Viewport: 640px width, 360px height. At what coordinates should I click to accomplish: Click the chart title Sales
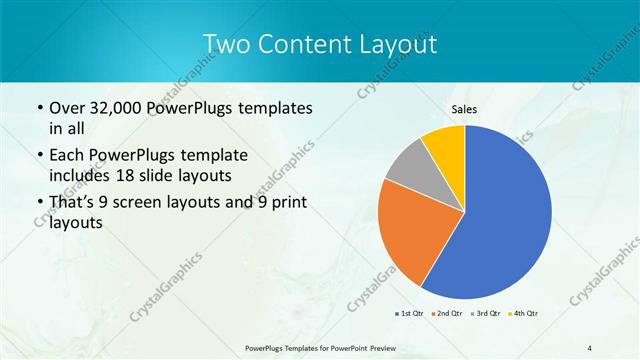[x=465, y=110]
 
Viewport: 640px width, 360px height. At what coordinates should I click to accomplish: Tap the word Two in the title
[x=224, y=44]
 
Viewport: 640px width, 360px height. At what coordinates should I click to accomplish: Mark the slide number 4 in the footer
[x=590, y=348]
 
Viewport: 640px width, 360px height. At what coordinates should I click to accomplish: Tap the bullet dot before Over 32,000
[x=39, y=108]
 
